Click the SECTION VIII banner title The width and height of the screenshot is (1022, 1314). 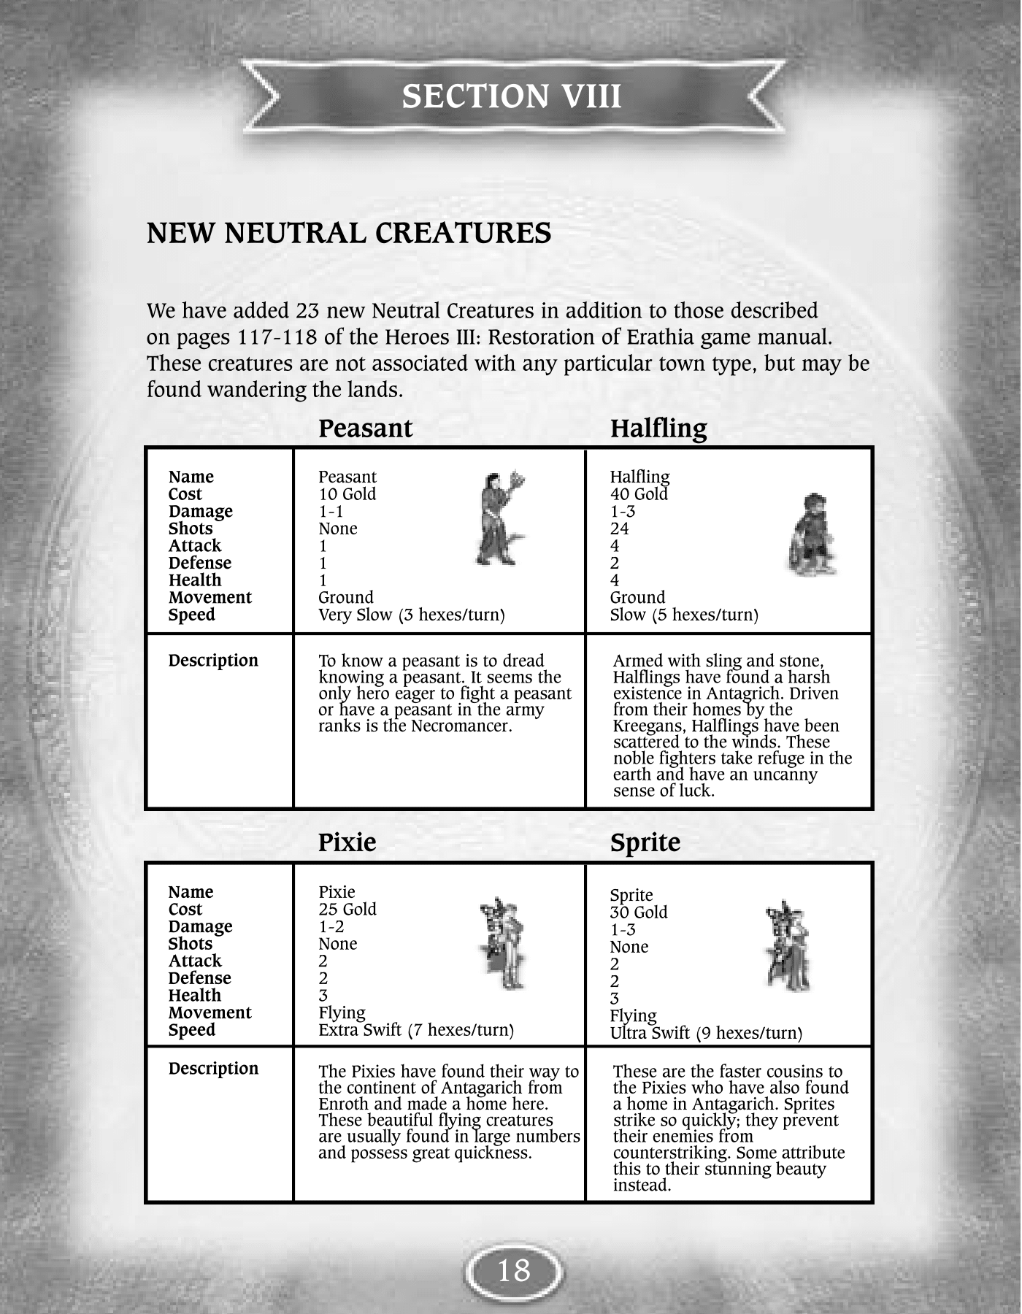pyautogui.click(x=511, y=96)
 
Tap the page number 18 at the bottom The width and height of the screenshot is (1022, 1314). pyautogui.click(x=513, y=1271)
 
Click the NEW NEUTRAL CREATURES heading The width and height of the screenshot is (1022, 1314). pyautogui.click(x=349, y=234)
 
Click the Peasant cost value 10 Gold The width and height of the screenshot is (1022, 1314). pyautogui.click(x=347, y=494)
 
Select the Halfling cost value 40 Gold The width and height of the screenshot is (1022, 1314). pyautogui.click(x=639, y=494)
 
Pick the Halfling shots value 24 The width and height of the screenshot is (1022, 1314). pyautogui.click(x=619, y=529)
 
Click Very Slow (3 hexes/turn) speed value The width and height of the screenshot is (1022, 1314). pyautogui.click(x=412, y=615)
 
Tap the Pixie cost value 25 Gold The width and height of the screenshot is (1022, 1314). pyautogui.click(x=347, y=910)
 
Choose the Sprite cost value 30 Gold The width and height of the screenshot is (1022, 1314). pyautogui.click(x=639, y=912)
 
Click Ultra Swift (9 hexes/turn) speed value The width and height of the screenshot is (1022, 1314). pyautogui.click(x=706, y=1033)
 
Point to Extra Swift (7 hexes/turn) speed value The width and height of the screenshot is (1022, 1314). pyautogui.click(x=416, y=1030)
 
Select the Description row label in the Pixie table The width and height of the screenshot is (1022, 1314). pyautogui.click(x=213, y=1069)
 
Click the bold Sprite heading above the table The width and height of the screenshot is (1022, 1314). pyautogui.click(x=645, y=842)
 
